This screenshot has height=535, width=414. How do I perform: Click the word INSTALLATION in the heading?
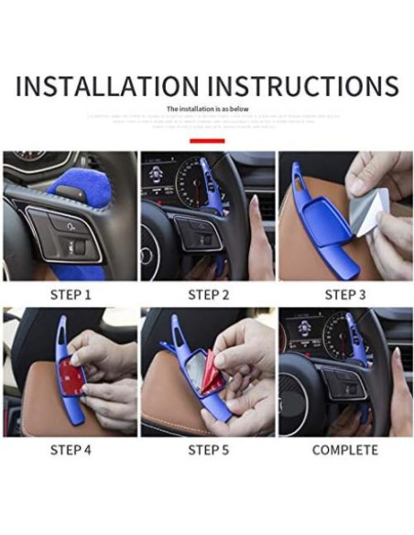[105, 86]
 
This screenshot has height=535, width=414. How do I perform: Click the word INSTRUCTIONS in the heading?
[303, 86]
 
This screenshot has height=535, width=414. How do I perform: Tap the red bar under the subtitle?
[207, 141]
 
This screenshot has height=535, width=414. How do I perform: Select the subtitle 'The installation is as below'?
[207, 109]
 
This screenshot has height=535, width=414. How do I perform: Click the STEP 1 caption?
[70, 295]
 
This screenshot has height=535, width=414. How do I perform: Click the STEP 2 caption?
[207, 295]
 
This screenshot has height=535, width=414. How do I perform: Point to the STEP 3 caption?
[344, 295]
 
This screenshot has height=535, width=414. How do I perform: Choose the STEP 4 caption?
[70, 450]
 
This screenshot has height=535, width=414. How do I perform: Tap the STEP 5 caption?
[207, 450]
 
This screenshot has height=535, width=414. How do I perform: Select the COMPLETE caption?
[344, 450]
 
